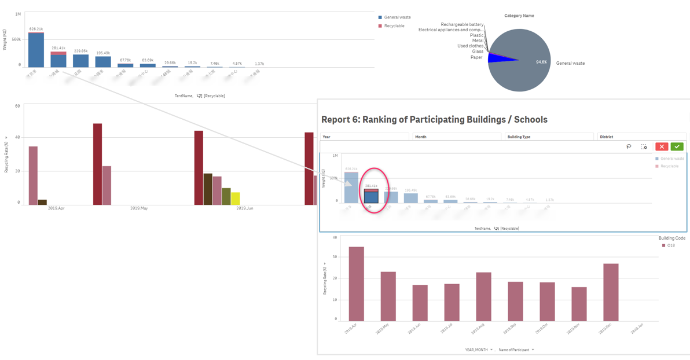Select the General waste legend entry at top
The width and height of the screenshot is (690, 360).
pyautogui.click(x=397, y=18)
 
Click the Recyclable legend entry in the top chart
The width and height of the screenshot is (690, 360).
pyautogui.click(x=394, y=26)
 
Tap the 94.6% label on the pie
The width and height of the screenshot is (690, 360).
pyautogui.click(x=541, y=62)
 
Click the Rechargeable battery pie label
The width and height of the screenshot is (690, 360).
pyautogui.click(x=462, y=24)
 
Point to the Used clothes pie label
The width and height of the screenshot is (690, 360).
pyautogui.click(x=470, y=46)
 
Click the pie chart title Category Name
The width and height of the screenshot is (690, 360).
pyautogui.click(x=519, y=16)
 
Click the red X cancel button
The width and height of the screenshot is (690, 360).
pyautogui.click(x=661, y=146)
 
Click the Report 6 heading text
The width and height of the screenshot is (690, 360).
pyautogui.click(x=434, y=120)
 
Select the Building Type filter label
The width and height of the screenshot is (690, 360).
pyautogui.click(x=519, y=137)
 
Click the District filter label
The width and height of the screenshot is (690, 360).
pyautogui.click(x=606, y=137)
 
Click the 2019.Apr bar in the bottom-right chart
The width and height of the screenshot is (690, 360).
pyautogui.click(x=356, y=284)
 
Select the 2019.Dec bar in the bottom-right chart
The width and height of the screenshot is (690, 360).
pyautogui.click(x=611, y=292)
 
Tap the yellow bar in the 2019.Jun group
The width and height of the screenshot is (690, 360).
pyautogui.click(x=236, y=199)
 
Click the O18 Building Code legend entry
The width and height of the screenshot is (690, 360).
pyautogui.click(x=670, y=245)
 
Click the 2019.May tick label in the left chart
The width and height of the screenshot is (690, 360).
pyautogui.click(x=138, y=208)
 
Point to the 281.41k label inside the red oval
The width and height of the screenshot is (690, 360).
pyautogui.click(x=371, y=186)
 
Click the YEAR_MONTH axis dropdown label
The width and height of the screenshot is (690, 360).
pyautogui.click(x=478, y=350)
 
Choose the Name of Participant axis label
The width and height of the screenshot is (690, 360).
pyautogui.click(x=515, y=350)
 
